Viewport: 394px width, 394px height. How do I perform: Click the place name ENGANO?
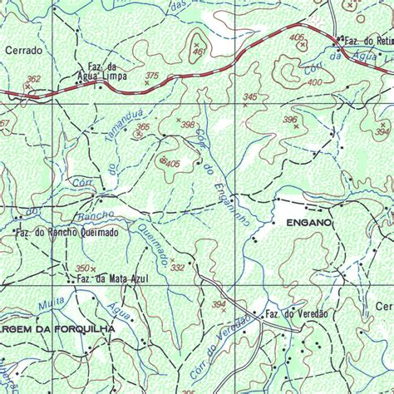pyautogui.click(x=308, y=224)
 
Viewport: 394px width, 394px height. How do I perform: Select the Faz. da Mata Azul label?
pyautogui.click(x=111, y=278)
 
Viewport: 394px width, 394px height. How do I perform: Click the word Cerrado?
pyautogui.click(x=23, y=51)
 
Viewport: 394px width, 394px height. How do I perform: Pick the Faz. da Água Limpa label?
pyautogui.click(x=101, y=72)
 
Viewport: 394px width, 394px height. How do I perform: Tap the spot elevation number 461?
pyautogui.click(x=198, y=52)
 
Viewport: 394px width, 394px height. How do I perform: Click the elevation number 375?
pyautogui.click(x=151, y=76)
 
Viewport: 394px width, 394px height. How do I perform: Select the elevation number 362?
pyautogui.click(x=32, y=80)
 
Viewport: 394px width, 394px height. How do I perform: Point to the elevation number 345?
pyautogui.click(x=250, y=97)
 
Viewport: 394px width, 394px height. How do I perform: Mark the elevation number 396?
pyautogui.click(x=289, y=120)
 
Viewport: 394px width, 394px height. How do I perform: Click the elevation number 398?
pyautogui.click(x=188, y=125)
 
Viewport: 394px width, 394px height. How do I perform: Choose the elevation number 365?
pyautogui.click(x=143, y=127)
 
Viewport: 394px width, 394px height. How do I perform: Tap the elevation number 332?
pyautogui.click(x=177, y=268)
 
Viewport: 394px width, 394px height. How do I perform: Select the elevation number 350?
pyautogui.click(x=82, y=268)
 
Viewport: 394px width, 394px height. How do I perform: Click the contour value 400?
pyautogui.click(x=314, y=82)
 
